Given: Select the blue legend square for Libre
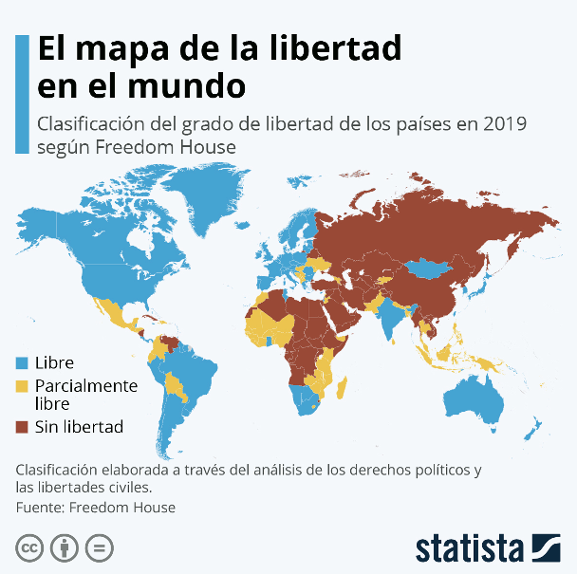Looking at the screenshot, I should [23, 361].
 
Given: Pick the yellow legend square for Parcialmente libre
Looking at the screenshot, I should [23, 385].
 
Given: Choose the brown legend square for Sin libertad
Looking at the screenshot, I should [23, 427].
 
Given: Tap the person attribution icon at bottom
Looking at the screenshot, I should [64, 548].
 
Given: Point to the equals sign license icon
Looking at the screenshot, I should [98, 548].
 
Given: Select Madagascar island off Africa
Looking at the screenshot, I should [341, 389].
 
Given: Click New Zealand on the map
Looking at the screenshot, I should [535, 424].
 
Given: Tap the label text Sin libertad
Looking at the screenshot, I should [79, 427].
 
